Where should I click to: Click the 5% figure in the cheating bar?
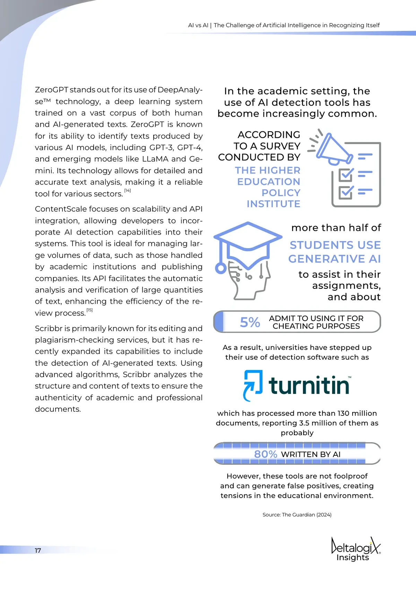(250, 322)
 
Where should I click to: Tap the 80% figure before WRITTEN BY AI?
(266, 454)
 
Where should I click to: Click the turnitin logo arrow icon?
(253, 386)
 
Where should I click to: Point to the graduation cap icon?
(248, 239)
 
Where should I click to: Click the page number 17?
(38, 550)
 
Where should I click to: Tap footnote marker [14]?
(128, 191)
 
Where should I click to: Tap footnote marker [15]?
(89, 310)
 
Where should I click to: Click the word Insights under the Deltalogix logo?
(353, 557)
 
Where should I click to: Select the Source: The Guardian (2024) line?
(297, 515)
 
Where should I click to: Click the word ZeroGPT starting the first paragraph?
(52, 90)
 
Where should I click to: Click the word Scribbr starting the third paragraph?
(47, 328)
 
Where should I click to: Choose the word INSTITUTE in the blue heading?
(274, 204)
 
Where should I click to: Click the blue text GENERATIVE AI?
(335, 259)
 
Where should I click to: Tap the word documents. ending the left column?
(58, 409)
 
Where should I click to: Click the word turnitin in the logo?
(309, 386)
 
